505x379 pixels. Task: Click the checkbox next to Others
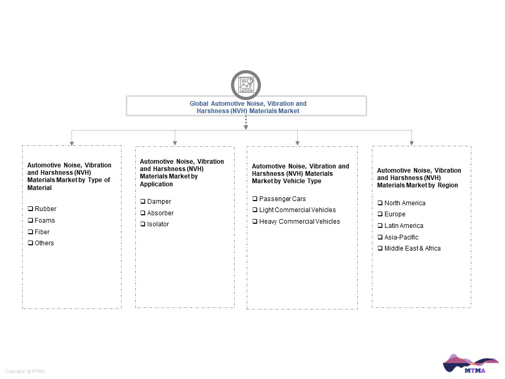coord(31,243)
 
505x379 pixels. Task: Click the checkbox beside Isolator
coord(143,224)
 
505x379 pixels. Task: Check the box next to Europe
coord(380,214)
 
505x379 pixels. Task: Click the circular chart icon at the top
coord(246,85)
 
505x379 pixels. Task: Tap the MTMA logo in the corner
coord(470,364)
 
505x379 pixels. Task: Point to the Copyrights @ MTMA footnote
coord(25,371)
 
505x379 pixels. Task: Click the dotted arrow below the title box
coord(246,123)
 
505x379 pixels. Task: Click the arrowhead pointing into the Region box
coord(411,143)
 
